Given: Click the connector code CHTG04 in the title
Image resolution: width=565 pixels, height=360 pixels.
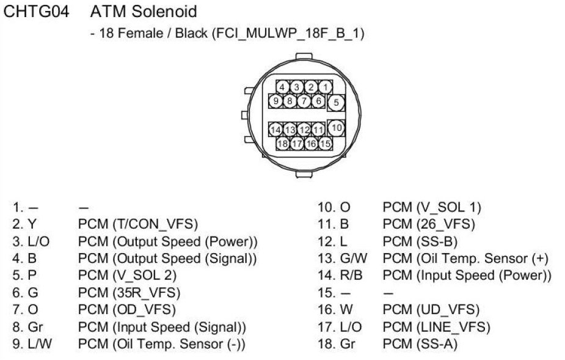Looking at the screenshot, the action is point(37,12).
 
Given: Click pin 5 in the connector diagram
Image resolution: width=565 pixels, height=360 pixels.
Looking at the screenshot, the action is point(336,103).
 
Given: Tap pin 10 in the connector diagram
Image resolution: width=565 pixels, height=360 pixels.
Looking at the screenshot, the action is point(336,128).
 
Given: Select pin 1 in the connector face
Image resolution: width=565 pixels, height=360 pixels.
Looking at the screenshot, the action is point(326,87).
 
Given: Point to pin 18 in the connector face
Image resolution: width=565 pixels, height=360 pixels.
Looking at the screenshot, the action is point(283,144).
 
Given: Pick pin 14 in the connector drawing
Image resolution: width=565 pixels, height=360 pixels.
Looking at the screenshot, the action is point(276,130).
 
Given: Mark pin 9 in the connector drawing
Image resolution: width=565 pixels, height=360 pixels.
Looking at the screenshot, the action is point(277,101).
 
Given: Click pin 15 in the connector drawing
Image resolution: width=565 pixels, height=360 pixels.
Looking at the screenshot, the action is point(326,144).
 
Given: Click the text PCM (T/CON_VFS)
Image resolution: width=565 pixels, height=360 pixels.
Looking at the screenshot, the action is point(138,224).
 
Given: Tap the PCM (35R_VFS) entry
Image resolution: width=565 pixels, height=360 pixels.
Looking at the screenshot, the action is point(129,293).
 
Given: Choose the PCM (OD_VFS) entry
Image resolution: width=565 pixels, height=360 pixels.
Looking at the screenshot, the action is point(127,310).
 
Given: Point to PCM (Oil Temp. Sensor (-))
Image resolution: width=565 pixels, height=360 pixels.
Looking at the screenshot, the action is point(161,344).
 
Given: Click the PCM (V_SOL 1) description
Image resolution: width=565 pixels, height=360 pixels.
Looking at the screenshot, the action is point(432,207).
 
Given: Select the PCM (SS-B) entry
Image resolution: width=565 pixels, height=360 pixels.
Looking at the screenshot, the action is point(420,241).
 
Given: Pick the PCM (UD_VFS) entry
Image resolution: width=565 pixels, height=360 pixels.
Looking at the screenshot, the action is point(431,310).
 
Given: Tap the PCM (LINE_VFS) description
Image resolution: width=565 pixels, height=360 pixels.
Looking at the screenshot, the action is point(436,327).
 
